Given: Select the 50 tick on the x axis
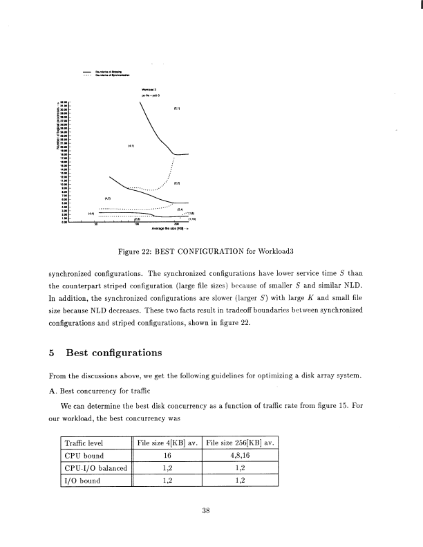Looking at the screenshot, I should (97, 224).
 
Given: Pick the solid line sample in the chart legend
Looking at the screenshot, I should (86, 71).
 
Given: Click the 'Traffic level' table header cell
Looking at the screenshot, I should (83, 442).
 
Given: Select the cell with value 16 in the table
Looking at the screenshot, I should (167, 456).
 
